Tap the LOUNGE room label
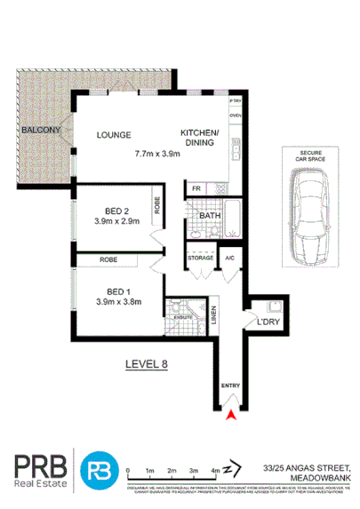point(115,136)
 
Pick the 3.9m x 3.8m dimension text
point(117,302)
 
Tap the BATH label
point(210,216)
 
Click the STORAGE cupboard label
point(200,258)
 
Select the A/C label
point(228,258)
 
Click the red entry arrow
point(231,411)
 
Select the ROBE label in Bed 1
point(108,260)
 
